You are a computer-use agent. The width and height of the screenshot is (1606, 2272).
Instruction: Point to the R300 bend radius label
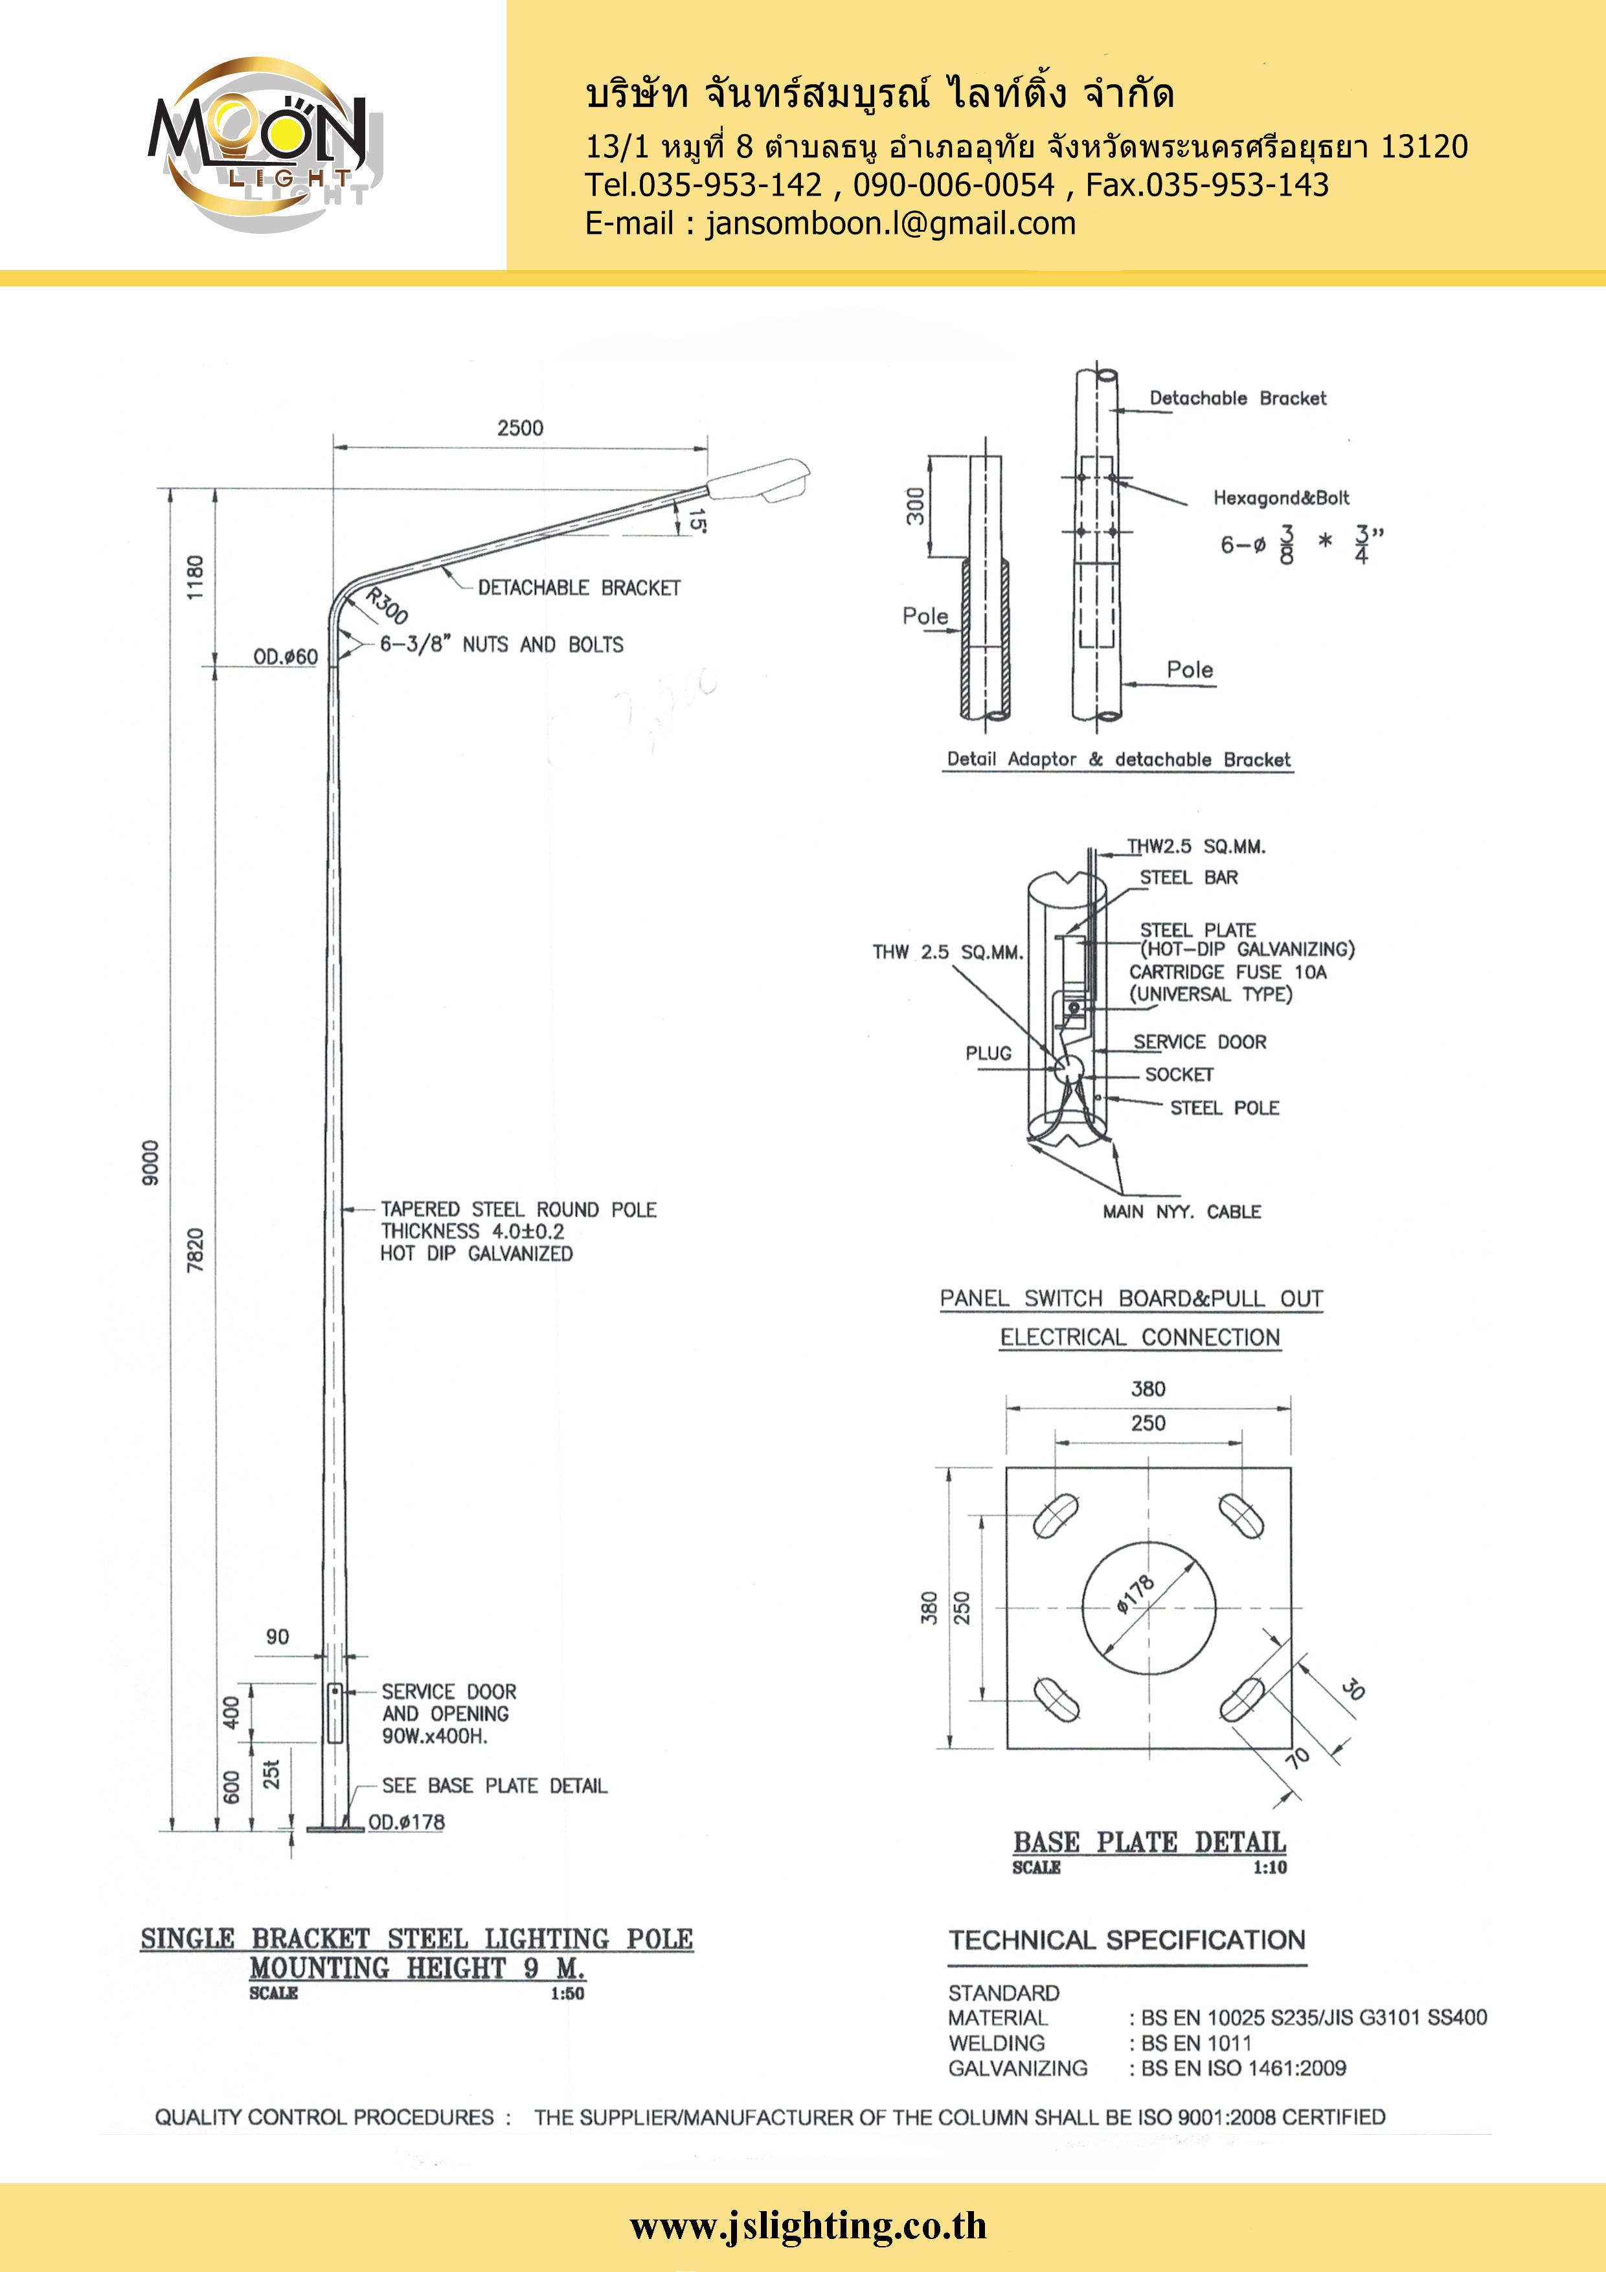387,606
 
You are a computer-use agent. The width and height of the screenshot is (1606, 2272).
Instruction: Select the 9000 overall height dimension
150,1162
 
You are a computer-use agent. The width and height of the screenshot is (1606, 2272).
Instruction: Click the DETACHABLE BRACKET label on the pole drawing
579,588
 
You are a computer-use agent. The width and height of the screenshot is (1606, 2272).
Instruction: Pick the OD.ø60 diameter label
285,657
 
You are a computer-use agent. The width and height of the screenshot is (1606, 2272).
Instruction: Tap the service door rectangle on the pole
335,1713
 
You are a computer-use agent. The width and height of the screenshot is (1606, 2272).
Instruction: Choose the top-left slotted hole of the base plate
1056,1515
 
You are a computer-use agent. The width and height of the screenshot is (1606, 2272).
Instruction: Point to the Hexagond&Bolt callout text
1282,498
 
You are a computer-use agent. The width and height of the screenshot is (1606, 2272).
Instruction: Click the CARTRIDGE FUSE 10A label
1228,971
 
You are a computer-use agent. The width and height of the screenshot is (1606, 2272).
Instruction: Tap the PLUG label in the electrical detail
989,1053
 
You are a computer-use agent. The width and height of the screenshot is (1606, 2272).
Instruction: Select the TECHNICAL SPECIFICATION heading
1127,1940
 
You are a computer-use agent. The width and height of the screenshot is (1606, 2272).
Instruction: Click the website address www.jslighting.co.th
808,2227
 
